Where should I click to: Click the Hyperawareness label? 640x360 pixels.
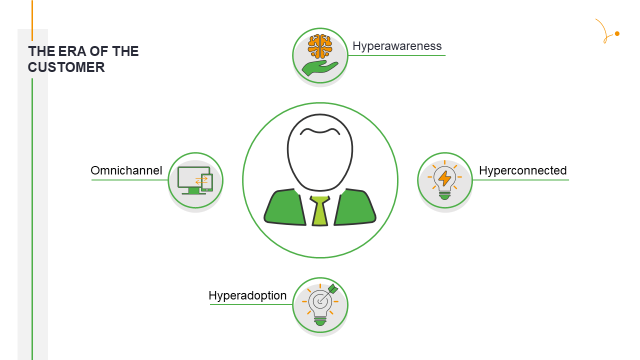tap(397, 46)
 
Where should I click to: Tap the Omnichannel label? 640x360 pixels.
tap(126, 171)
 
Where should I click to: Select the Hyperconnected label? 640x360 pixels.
tap(522, 171)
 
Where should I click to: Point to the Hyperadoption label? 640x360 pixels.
tap(247, 295)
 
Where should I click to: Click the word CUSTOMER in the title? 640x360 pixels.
tap(66, 67)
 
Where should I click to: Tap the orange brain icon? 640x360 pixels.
tap(320, 46)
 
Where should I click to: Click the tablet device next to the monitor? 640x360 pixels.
tap(207, 182)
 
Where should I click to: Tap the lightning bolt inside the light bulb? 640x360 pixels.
tap(444, 178)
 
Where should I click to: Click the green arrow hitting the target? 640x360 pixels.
tap(332, 289)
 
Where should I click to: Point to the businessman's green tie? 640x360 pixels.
tap(320, 211)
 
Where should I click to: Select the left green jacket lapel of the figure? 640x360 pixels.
tap(285, 208)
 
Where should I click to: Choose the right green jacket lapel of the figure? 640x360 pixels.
tap(355, 208)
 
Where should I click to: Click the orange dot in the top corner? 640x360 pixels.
tap(617, 33)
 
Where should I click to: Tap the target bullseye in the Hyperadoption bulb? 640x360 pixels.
tap(319, 301)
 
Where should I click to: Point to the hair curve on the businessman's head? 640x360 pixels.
tap(320, 131)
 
